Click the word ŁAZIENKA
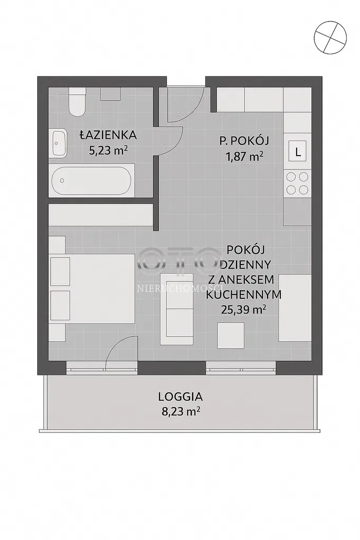point(108,135)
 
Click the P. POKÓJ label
point(244,140)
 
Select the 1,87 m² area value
point(244,157)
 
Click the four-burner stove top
point(297,183)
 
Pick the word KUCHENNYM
point(243,295)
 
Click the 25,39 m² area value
point(243,310)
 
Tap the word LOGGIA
point(181,397)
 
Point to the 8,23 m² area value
point(181,411)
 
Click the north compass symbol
point(330,36)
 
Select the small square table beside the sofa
point(231,335)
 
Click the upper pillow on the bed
point(60,271)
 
